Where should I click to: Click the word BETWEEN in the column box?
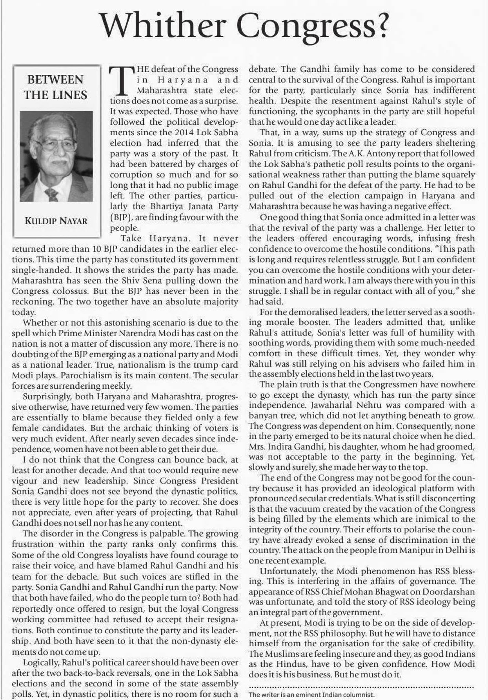(55, 80)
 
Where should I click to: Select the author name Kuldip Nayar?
(56, 221)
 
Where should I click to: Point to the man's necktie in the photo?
(51, 194)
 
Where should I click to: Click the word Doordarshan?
(450, 591)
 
